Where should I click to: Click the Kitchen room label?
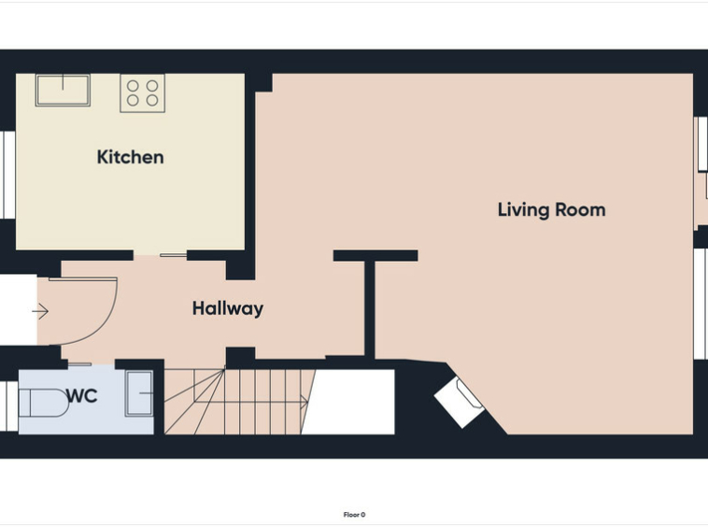[x=130, y=157]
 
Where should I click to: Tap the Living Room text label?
[x=551, y=210]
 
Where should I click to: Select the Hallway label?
[x=228, y=308]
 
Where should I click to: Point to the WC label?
[x=82, y=396]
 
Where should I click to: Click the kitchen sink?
[x=63, y=91]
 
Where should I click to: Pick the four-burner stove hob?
[x=142, y=93]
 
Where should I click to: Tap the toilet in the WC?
[x=43, y=403]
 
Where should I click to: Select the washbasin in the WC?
[x=139, y=393]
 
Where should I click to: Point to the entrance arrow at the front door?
[x=40, y=311]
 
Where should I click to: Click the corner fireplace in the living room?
[x=460, y=403]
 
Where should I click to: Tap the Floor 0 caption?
[x=354, y=515]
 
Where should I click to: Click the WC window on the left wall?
[x=8, y=406]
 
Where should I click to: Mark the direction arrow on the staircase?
[x=251, y=401]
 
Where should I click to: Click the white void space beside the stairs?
[x=348, y=402]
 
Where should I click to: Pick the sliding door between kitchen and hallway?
[x=173, y=256]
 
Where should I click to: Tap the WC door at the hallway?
[x=79, y=364]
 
